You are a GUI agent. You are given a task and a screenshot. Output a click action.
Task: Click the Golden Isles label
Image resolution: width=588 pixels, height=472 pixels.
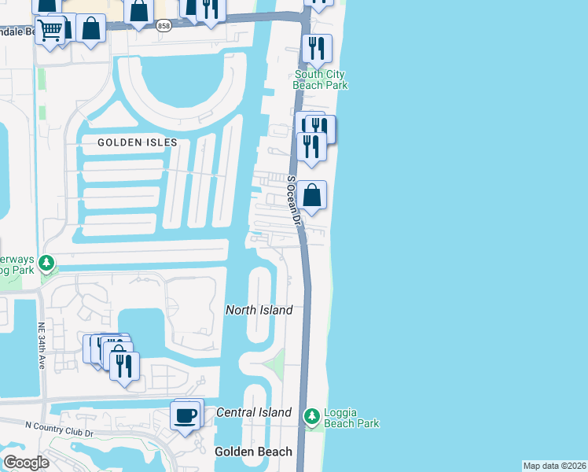pyautogui.click(x=138, y=142)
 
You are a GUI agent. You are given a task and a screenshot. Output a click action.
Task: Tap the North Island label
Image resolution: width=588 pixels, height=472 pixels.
pyautogui.click(x=259, y=310)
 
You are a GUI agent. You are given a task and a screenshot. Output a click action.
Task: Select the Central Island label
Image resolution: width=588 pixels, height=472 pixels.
pyautogui.click(x=254, y=412)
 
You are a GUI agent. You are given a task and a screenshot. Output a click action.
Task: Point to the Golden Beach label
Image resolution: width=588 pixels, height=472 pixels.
pyautogui.click(x=254, y=452)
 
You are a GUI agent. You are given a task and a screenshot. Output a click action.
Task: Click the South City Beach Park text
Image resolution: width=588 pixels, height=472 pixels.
pyautogui.click(x=320, y=79)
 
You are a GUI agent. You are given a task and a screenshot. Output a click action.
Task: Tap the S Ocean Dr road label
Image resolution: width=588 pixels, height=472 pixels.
pyautogui.click(x=294, y=201)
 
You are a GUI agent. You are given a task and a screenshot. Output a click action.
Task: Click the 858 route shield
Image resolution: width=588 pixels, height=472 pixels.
pyautogui.click(x=163, y=26)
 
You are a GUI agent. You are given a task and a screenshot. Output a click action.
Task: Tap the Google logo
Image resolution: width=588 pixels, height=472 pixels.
pyautogui.click(x=26, y=463)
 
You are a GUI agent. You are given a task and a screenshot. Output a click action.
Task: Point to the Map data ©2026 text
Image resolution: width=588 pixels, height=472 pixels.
pyautogui.click(x=554, y=466)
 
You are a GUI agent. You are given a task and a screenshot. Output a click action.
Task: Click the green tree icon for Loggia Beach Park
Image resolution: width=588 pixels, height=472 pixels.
pyautogui.click(x=312, y=415)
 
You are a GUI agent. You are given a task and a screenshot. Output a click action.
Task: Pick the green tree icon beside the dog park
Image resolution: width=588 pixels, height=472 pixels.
pyautogui.click(x=48, y=262)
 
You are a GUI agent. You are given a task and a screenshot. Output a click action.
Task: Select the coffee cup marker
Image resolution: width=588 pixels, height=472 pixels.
pyautogui.click(x=186, y=415)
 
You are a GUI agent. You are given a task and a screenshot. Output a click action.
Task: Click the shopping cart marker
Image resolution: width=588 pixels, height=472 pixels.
pyautogui.click(x=51, y=31)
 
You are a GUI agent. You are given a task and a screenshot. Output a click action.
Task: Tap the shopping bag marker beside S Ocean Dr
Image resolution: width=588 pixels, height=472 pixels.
pyautogui.click(x=312, y=195)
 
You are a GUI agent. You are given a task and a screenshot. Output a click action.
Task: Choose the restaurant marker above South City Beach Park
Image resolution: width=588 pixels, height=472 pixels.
pyautogui.click(x=317, y=48)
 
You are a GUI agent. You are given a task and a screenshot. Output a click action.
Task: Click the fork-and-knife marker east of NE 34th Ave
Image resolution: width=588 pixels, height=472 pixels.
pyautogui.click(x=124, y=366)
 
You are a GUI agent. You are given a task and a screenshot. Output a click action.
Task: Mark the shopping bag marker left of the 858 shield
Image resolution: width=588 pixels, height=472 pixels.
pyautogui.click(x=138, y=11)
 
